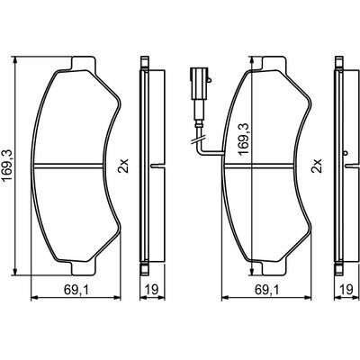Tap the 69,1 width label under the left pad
[x=76, y=290]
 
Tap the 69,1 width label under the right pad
[x=266, y=290]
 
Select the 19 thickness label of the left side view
[x=152, y=290]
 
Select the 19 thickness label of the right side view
[x=346, y=290]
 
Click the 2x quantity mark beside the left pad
[x=123, y=166]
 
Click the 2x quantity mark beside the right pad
[x=317, y=166]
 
